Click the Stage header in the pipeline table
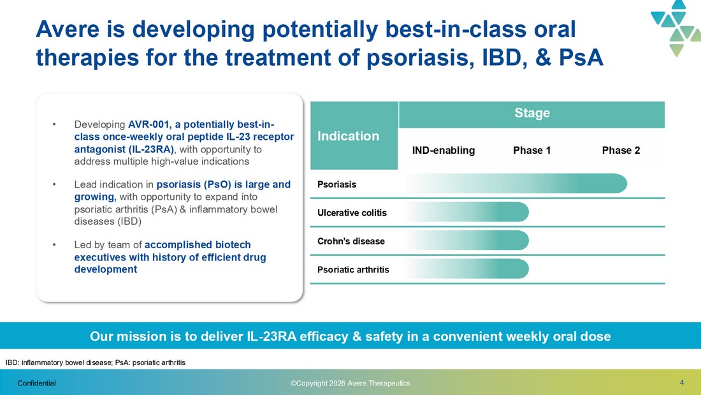(x=532, y=113)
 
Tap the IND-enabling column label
(x=444, y=151)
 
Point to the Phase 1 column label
(x=531, y=151)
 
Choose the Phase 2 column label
(x=621, y=151)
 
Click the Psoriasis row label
(x=336, y=184)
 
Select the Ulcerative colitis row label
(x=352, y=212)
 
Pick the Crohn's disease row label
(x=351, y=241)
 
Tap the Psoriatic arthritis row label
(x=353, y=269)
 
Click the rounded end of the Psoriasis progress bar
(x=623, y=184)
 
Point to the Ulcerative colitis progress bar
(x=467, y=212)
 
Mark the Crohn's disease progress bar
(x=467, y=241)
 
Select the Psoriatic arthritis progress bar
(x=467, y=269)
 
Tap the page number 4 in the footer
(x=682, y=382)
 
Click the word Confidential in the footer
(x=37, y=384)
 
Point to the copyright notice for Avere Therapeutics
(x=350, y=384)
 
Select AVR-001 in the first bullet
(x=148, y=124)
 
